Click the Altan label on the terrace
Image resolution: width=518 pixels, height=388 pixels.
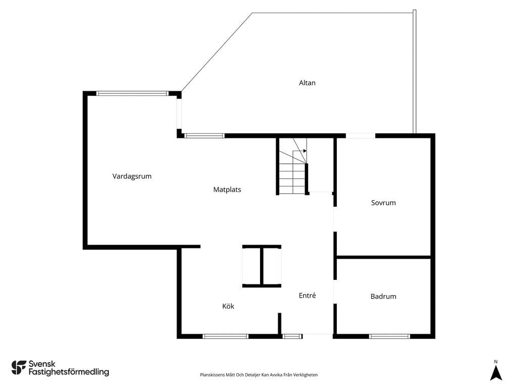[307, 83]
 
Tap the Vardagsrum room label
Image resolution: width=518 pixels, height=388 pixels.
[132, 176]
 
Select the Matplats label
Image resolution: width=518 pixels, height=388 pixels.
[227, 190]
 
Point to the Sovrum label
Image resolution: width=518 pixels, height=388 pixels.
[383, 203]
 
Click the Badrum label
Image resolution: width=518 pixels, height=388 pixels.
[383, 296]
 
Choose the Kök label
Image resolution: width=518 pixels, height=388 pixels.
[228, 306]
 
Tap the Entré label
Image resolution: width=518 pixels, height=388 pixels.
[307, 295]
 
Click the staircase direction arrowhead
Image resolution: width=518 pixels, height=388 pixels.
[305, 151]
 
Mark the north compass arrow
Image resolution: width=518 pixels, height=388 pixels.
[496, 373]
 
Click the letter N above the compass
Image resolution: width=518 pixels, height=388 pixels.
[496, 362]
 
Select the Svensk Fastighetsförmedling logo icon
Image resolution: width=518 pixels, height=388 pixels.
[19, 368]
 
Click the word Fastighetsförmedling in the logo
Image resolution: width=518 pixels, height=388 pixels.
[69, 372]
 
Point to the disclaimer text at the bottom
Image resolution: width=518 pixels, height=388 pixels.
[259, 375]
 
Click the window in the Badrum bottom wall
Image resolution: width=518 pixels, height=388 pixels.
[390, 336]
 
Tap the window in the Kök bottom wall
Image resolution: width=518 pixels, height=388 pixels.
[225, 336]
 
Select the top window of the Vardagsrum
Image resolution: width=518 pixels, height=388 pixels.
[133, 93]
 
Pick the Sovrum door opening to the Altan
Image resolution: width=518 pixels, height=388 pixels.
[360, 135]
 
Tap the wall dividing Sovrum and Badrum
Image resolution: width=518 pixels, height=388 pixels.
[383, 257]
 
